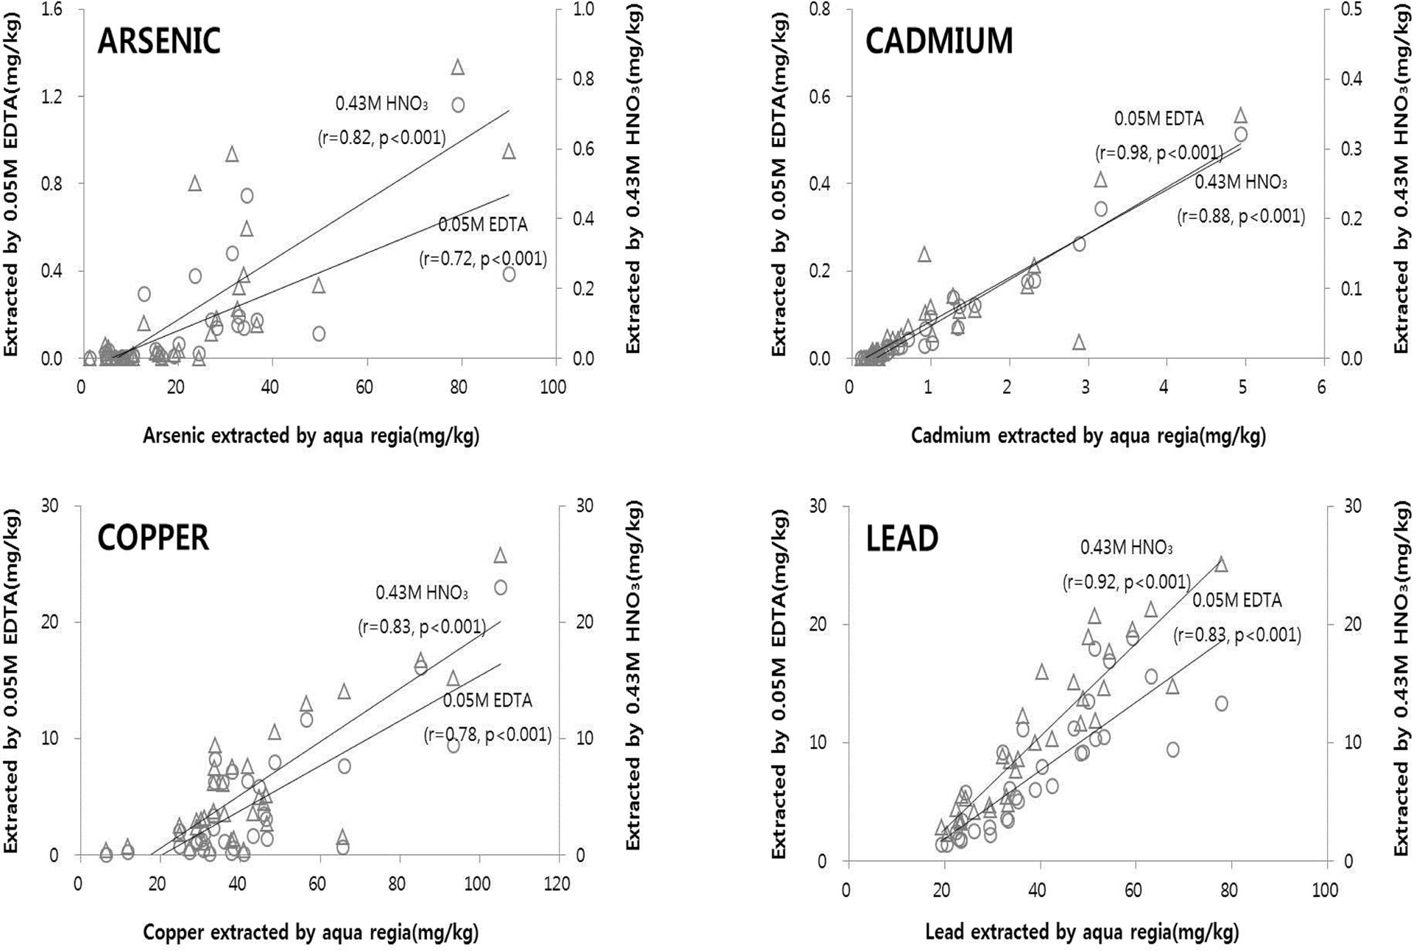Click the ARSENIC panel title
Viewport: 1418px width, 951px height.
pyautogui.click(x=159, y=42)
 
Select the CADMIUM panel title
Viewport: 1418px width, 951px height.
pyautogui.click(x=939, y=42)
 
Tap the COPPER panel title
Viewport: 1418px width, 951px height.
pyautogui.click(x=153, y=538)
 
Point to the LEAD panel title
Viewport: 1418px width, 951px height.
pyautogui.click(x=902, y=538)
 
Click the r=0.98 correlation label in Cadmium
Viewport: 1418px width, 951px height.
pyautogui.click(x=1159, y=153)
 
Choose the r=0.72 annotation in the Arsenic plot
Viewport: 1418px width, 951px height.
pyautogui.click(x=483, y=258)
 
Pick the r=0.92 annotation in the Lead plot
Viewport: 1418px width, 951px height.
pyautogui.click(x=1126, y=582)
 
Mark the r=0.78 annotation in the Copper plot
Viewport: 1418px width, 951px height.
pyautogui.click(x=488, y=735)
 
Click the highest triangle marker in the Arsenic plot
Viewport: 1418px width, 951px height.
pyautogui.click(x=458, y=67)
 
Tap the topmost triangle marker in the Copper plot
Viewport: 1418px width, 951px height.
pyautogui.click(x=500, y=555)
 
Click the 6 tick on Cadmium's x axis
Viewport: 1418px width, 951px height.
pyautogui.click(x=1321, y=387)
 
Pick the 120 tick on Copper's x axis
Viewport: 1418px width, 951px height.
pyautogui.click(x=557, y=884)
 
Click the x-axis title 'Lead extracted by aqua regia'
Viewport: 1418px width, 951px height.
pyautogui.click(x=1082, y=932)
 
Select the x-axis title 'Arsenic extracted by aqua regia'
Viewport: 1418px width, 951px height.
pyautogui.click(x=311, y=436)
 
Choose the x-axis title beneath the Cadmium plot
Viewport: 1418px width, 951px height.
pyautogui.click(x=1088, y=436)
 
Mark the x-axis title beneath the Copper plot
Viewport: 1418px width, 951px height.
pyautogui.click(x=311, y=932)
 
